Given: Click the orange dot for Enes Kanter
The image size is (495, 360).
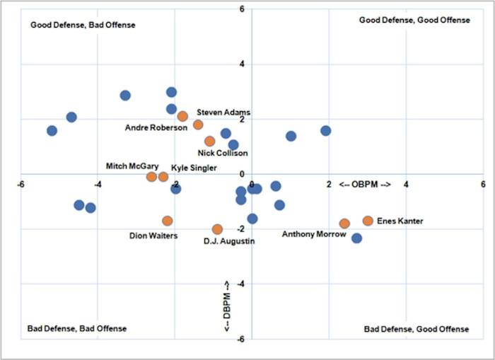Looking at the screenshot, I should point(368,221).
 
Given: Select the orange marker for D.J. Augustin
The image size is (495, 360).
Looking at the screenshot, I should point(217,229).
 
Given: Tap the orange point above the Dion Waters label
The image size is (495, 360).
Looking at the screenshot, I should point(168,221).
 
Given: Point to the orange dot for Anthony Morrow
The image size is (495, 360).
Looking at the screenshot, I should point(344,223).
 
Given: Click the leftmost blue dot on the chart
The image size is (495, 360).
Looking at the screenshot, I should point(52,131).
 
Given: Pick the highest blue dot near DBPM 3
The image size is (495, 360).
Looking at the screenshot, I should point(171,92).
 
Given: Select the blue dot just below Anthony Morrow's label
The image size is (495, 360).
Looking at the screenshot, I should point(357,238).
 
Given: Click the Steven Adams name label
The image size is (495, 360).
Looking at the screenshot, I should point(223,112).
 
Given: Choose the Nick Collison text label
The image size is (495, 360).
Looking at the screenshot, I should point(223,153).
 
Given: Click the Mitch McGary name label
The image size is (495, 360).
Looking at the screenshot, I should point(127,166).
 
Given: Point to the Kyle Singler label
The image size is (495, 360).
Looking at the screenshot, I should point(194,168).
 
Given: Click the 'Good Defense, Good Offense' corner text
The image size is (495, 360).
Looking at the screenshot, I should point(414,20).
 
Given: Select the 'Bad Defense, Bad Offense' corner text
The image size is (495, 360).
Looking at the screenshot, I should point(77,328).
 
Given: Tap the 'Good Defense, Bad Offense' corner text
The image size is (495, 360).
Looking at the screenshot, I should point(83,25).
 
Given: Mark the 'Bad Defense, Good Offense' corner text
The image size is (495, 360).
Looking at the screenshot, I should point(416,329).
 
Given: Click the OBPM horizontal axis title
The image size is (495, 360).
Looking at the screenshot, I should point(364,185).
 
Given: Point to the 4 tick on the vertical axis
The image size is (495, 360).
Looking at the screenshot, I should point(241,64).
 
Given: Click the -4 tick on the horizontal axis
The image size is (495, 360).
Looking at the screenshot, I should point(98,185).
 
